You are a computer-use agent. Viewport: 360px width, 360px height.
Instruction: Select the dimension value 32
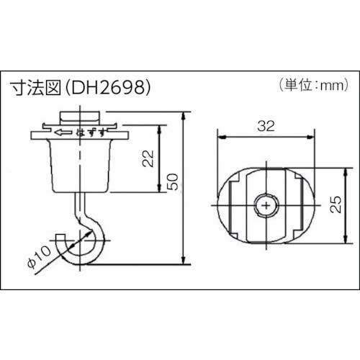click(x=267, y=126)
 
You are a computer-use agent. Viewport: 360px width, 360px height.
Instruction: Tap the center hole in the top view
click(x=268, y=206)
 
